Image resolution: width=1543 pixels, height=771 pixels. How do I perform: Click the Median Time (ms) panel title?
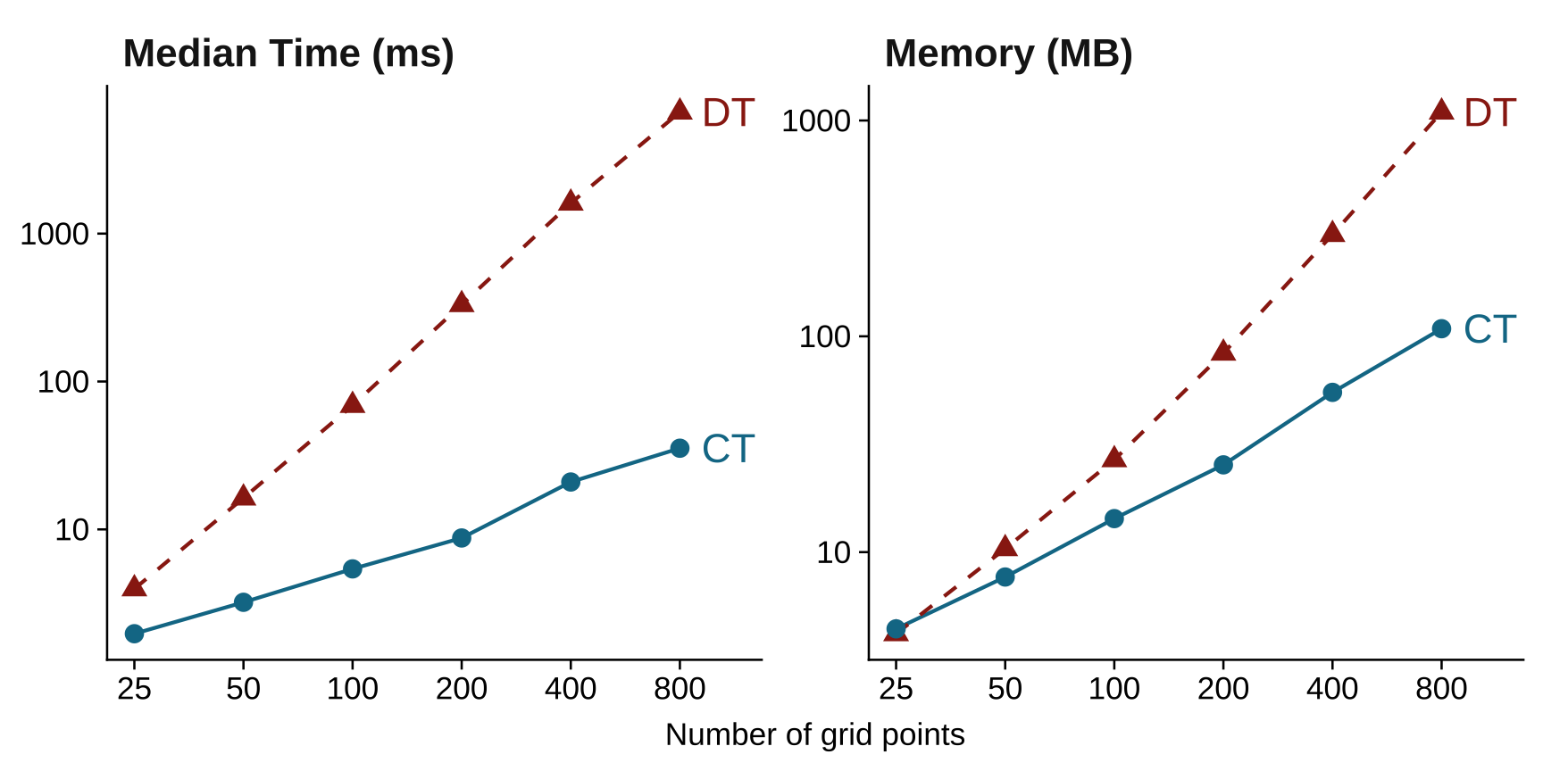[x=288, y=54]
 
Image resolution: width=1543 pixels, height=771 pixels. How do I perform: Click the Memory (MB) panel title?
[x=1008, y=54]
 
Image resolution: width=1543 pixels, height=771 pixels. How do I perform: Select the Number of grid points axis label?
[x=814, y=734]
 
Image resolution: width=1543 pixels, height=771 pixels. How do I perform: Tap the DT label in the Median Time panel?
[x=728, y=113]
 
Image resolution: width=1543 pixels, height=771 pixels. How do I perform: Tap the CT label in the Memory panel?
[x=1489, y=330]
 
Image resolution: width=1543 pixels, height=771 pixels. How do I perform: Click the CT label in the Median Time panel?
[x=728, y=449]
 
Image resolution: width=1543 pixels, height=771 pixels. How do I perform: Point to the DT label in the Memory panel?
[x=1489, y=113]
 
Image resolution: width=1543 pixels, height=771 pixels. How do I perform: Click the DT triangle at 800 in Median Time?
[x=680, y=110]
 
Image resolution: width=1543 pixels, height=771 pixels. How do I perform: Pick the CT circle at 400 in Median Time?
[x=571, y=482]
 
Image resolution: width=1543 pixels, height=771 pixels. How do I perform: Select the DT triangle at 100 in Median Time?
[x=353, y=403]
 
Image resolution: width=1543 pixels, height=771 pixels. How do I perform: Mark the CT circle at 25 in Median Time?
[x=134, y=634]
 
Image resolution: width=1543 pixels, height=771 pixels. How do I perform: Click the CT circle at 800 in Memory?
[x=1441, y=328]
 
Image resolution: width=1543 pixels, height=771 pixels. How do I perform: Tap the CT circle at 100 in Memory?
[x=1114, y=518]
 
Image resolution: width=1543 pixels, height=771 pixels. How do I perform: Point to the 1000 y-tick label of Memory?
[x=816, y=120]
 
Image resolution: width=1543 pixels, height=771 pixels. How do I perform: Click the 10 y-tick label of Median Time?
[x=72, y=530]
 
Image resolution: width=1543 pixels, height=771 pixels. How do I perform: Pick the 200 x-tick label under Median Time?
[x=462, y=689]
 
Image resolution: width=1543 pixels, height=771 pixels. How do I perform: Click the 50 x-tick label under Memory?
[x=1005, y=689]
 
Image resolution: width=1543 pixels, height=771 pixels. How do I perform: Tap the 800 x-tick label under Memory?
[x=1441, y=689]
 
